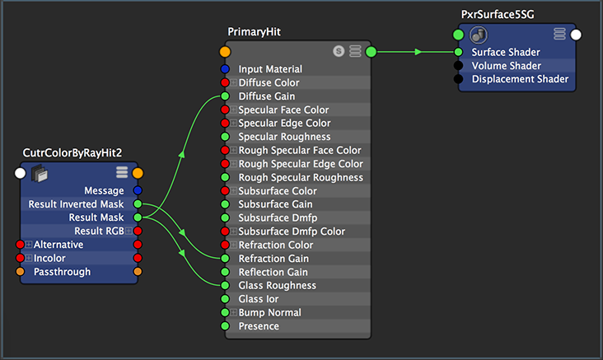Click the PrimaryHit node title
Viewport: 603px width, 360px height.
254,32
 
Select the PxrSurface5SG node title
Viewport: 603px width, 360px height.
498,15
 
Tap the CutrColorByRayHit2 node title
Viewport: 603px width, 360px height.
72,153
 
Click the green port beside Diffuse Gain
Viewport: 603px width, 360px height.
225,96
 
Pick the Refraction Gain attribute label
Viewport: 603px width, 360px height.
273,259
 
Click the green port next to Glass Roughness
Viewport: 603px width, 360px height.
225,285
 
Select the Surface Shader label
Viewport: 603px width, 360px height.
506,52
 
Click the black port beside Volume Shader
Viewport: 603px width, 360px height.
458,66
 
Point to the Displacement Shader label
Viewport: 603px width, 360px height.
520,79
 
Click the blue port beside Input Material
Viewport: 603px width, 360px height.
225,69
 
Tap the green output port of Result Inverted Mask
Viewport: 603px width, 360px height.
138,203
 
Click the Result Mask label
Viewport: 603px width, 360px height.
96,217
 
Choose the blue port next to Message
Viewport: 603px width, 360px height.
138,190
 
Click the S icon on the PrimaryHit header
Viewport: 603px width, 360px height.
339,51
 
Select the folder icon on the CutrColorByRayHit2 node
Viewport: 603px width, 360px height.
40,174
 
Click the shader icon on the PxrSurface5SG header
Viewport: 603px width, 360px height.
479,35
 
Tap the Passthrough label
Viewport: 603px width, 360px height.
63,272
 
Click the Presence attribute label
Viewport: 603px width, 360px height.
259,326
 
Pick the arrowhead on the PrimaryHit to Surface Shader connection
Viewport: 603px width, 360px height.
418,52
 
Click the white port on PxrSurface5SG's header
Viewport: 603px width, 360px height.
576,35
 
